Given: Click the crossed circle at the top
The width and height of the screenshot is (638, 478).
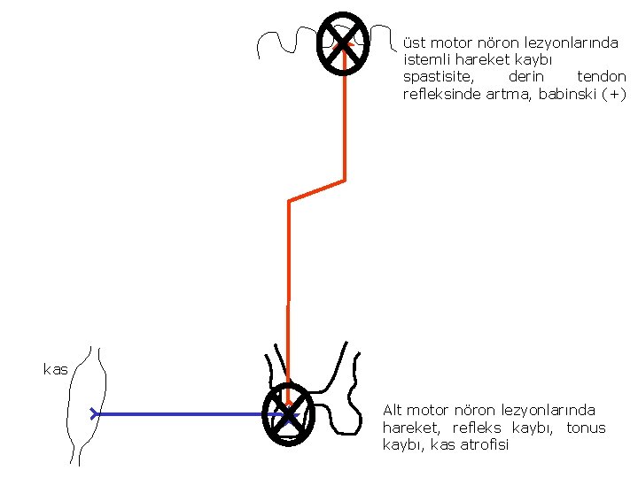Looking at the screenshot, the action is tap(343, 43).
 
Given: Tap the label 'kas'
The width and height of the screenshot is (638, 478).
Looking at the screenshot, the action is tap(55, 370).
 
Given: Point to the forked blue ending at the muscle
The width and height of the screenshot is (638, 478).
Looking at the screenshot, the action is tap(94, 413).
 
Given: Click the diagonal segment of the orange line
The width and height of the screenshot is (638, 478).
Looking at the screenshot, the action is tap(316, 190).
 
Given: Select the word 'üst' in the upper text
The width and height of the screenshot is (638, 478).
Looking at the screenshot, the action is tap(414, 42).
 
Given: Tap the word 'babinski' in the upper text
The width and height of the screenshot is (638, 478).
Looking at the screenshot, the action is tap(568, 95).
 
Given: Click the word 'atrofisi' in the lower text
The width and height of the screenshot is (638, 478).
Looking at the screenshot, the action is tap(484, 444).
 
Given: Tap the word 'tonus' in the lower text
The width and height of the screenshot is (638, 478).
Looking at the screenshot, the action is tap(586, 428).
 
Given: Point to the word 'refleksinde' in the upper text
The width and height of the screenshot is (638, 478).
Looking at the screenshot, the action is tap(441, 95).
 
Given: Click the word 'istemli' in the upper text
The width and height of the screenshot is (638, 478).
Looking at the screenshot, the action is tap(426, 60).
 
